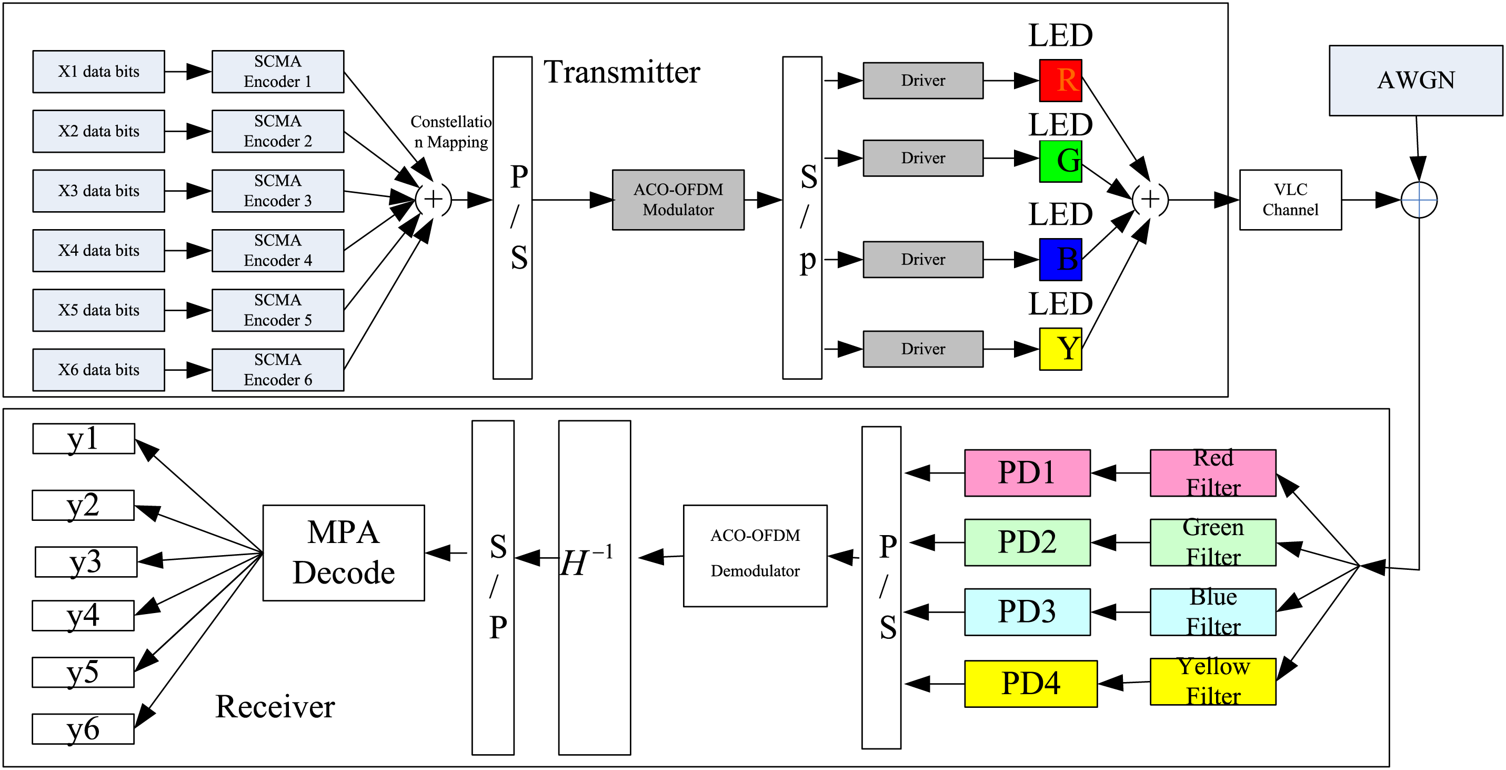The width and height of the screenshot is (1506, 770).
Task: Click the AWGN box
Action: [1415, 81]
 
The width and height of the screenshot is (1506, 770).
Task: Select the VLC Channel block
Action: [1290, 200]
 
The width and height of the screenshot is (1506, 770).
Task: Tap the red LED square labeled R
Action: [1060, 80]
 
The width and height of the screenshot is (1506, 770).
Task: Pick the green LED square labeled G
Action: [1060, 161]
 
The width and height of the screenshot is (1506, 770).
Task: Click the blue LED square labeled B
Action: [1060, 259]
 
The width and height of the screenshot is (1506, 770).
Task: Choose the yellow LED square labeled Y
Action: [1060, 349]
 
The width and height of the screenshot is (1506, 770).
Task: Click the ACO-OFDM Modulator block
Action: [678, 200]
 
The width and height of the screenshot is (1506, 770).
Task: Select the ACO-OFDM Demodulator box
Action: [755, 556]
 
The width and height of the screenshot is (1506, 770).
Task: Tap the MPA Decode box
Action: [344, 553]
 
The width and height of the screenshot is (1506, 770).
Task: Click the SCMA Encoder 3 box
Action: [278, 191]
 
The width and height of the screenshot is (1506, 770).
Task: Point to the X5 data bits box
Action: [99, 310]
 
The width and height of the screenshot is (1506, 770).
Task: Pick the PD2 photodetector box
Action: [1027, 542]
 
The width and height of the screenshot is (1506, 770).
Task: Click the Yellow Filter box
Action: [1213, 682]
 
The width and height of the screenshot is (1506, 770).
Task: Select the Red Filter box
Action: [1213, 473]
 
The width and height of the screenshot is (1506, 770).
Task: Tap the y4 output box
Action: [83, 616]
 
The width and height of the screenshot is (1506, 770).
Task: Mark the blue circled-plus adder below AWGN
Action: [1419, 200]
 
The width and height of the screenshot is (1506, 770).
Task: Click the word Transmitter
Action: [621, 72]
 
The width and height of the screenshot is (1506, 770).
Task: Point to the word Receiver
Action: [275, 706]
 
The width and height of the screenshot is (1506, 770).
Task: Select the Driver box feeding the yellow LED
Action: [923, 349]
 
